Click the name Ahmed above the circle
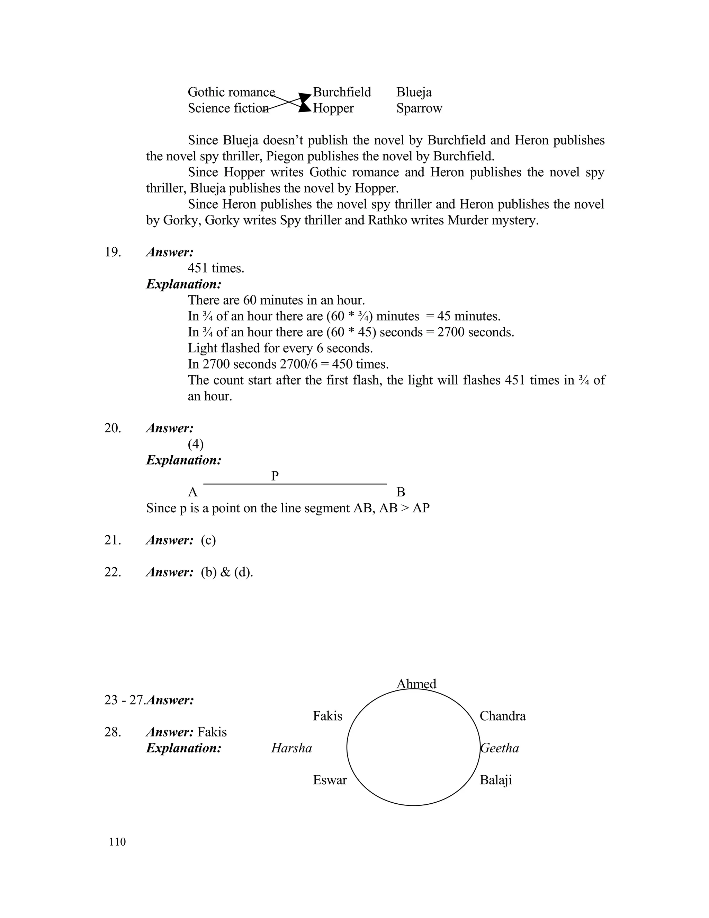[416, 684]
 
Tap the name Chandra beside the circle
[502, 716]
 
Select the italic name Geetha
[500, 748]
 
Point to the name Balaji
[496, 780]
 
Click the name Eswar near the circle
[330, 780]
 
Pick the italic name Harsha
[291, 748]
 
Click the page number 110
[117, 842]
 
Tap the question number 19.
[113, 252]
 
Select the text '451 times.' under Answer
[216, 268]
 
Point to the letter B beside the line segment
[401, 492]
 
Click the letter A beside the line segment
[192, 492]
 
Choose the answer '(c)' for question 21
[208, 540]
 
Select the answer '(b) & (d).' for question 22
[227, 572]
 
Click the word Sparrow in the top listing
[419, 108]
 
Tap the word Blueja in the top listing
[414, 92]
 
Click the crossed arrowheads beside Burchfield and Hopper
[305, 103]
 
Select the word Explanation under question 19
[183, 284]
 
